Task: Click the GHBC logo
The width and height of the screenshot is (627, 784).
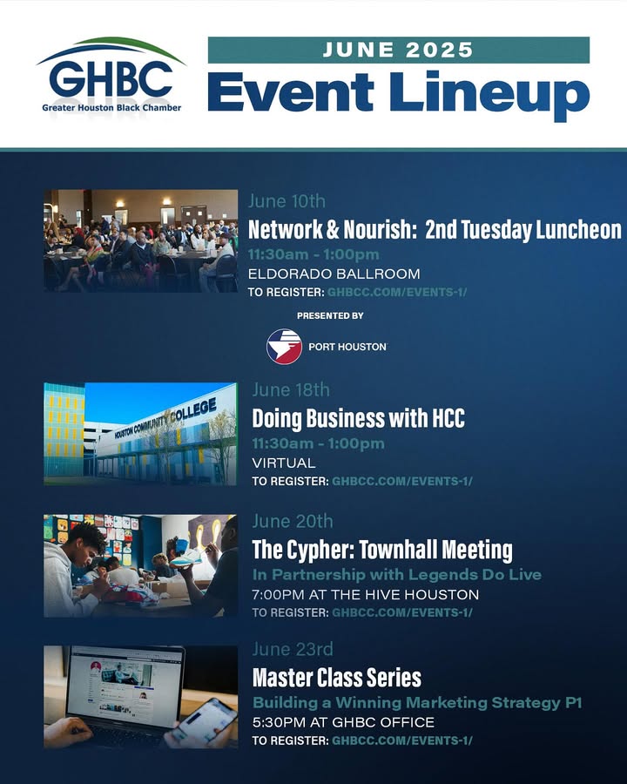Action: tap(111, 75)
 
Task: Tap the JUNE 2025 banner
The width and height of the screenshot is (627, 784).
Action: tap(399, 50)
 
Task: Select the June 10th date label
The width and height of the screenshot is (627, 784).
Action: tap(287, 201)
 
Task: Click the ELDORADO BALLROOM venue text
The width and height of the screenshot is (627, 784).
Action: tap(334, 274)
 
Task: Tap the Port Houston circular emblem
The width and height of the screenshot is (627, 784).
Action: tap(284, 346)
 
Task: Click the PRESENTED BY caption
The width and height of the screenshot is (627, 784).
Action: tap(330, 315)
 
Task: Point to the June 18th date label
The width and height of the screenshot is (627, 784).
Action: tap(291, 389)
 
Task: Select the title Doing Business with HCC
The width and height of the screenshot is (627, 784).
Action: tap(359, 418)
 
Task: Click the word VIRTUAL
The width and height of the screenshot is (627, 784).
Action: tap(284, 463)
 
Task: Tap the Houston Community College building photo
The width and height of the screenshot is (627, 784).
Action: tap(140, 434)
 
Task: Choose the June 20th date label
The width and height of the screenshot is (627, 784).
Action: tap(293, 521)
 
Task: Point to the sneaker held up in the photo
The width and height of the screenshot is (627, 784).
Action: tap(186, 556)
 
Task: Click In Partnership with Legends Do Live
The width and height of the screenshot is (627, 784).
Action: tap(397, 575)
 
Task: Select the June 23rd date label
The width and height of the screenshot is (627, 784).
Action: tap(293, 649)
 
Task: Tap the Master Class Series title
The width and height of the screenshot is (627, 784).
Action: tap(336, 678)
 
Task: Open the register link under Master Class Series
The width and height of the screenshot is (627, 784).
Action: tap(402, 740)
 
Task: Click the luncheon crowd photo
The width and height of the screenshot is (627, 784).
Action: tap(140, 240)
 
